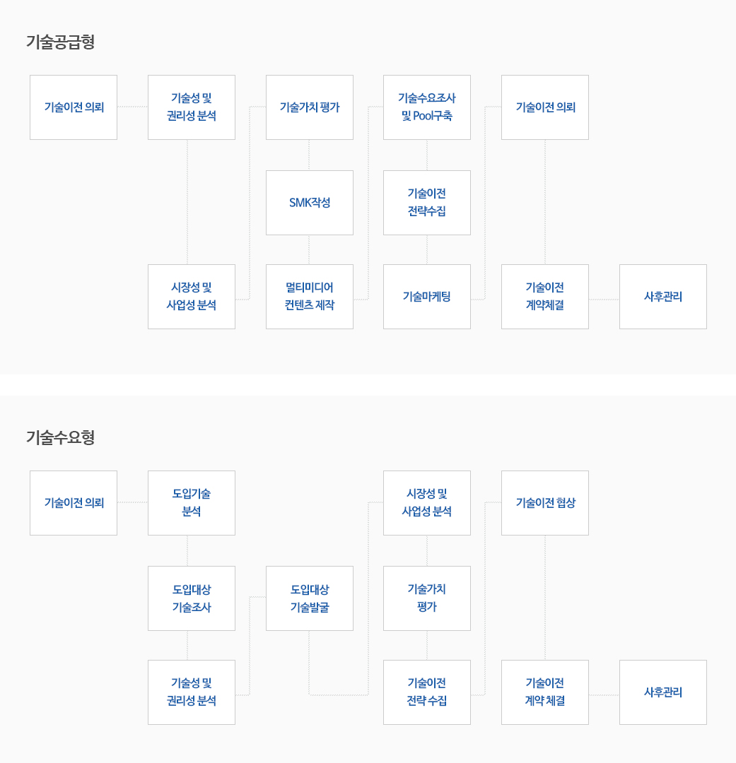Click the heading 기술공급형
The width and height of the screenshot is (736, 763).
[60, 42]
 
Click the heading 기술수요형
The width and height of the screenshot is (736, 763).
[60, 437]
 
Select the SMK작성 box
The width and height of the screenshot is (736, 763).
[309, 203]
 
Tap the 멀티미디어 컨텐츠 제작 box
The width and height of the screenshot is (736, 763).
[309, 296]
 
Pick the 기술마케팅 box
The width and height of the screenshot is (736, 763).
[427, 296]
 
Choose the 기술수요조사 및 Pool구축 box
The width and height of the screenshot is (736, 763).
[427, 107]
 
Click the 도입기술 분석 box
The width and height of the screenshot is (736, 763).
[192, 503]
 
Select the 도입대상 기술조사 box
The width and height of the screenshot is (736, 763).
[192, 598]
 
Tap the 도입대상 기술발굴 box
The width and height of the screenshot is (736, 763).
[309, 598]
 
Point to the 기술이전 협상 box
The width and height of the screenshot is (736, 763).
[545, 503]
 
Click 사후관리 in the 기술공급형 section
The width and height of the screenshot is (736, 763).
[663, 296]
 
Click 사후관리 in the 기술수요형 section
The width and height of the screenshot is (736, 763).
[663, 692]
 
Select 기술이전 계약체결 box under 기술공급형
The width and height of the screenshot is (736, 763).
[545, 296]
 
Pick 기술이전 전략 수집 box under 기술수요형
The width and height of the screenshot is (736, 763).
[427, 692]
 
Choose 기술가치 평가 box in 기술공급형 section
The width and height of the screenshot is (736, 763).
[309, 107]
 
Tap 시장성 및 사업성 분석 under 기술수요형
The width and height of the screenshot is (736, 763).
[427, 503]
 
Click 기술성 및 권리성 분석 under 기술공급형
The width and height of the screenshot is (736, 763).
[192, 107]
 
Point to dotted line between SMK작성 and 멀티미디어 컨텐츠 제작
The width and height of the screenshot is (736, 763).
[309, 249]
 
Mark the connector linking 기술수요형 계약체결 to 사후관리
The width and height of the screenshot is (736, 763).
[604, 695]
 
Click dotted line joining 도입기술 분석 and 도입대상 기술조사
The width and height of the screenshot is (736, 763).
[187, 550]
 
